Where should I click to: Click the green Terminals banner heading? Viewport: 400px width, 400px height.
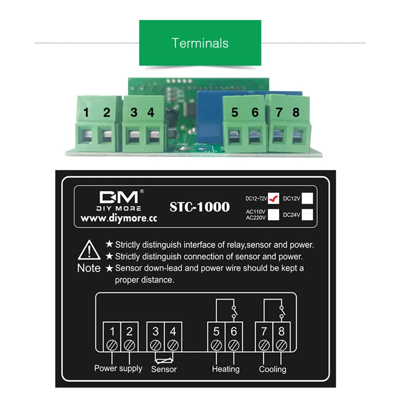(x=200, y=43)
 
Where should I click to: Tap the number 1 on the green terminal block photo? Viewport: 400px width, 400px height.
(x=86, y=113)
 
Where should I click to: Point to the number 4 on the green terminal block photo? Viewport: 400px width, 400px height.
(x=151, y=112)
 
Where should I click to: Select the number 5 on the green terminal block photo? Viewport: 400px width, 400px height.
(x=235, y=112)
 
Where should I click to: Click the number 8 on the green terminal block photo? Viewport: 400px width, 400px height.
(x=296, y=112)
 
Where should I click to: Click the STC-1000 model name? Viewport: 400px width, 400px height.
(x=200, y=206)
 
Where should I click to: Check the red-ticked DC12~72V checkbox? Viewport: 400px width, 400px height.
(x=273, y=198)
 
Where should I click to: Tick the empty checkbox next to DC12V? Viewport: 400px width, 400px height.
(x=308, y=198)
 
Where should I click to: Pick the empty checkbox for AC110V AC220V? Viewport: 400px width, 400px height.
(x=273, y=214)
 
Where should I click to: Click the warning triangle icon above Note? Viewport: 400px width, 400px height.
(x=88, y=248)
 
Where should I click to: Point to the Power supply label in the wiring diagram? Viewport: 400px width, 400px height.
(x=118, y=368)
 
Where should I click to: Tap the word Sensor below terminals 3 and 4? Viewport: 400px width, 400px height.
(x=163, y=369)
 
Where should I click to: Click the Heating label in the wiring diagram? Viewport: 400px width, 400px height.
(x=225, y=369)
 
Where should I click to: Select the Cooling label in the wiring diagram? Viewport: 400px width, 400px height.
(x=272, y=369)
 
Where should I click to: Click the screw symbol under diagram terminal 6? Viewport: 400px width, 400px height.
(x=233, y=344)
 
